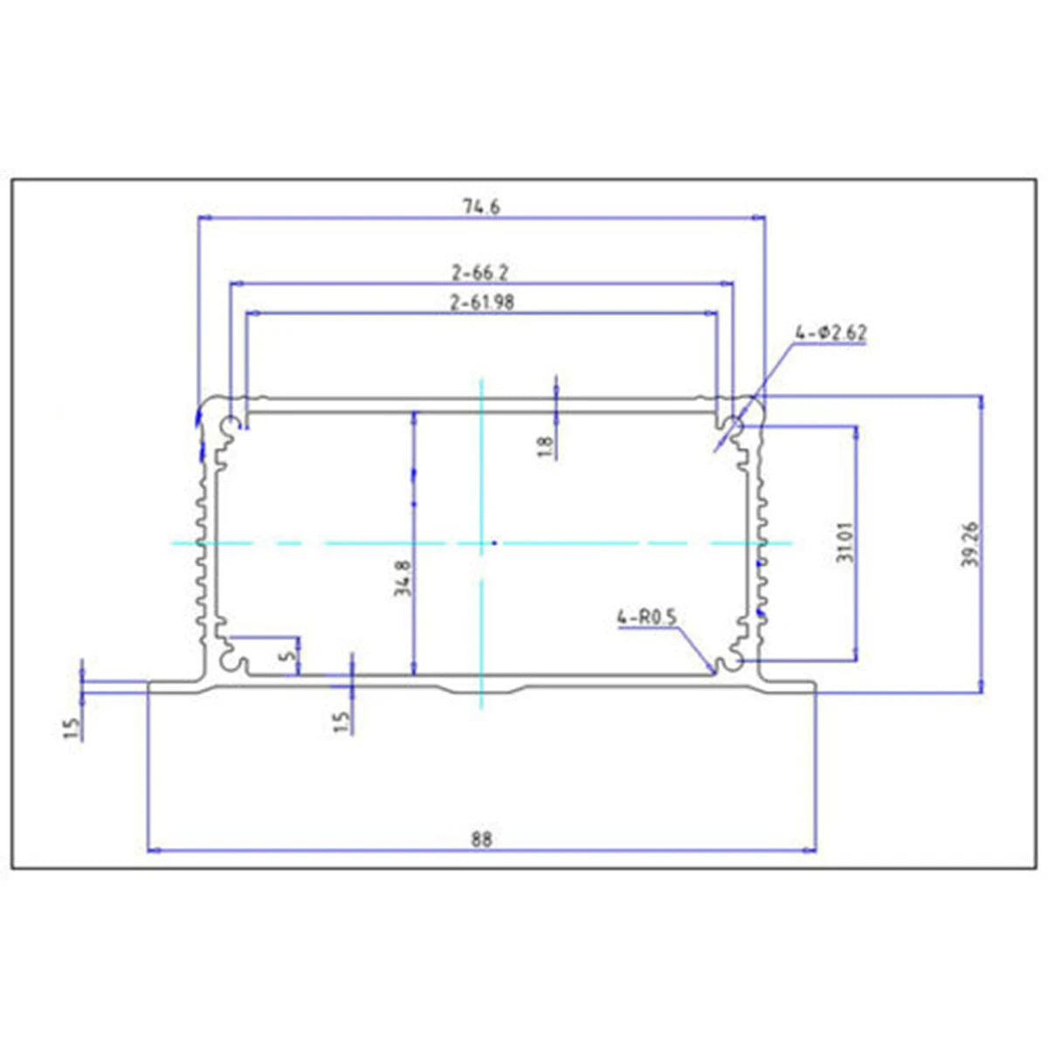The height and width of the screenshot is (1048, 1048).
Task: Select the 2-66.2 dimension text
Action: point(479,272)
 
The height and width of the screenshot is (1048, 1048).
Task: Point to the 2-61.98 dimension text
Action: point(481,303)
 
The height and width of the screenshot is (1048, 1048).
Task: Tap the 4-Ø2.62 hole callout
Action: point(831,334)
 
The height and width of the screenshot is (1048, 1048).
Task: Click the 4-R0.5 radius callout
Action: point(647,618)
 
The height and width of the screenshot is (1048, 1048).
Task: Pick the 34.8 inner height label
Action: point(402,577)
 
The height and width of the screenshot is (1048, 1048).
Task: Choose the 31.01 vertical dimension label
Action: point(845,541)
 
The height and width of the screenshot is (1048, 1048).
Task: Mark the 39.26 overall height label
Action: point(971,544)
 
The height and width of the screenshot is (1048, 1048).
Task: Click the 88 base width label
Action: point(481,840)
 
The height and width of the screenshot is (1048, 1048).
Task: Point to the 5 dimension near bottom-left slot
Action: point(292,654)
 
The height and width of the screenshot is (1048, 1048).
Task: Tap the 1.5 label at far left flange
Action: point(72,727)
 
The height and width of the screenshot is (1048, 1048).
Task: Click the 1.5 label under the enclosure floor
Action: point(341,721)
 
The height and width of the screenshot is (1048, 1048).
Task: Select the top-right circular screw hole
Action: point(732,426)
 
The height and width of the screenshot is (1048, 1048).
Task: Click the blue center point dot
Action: point(494,543)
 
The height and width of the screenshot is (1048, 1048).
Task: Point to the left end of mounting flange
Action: point(150,686)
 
